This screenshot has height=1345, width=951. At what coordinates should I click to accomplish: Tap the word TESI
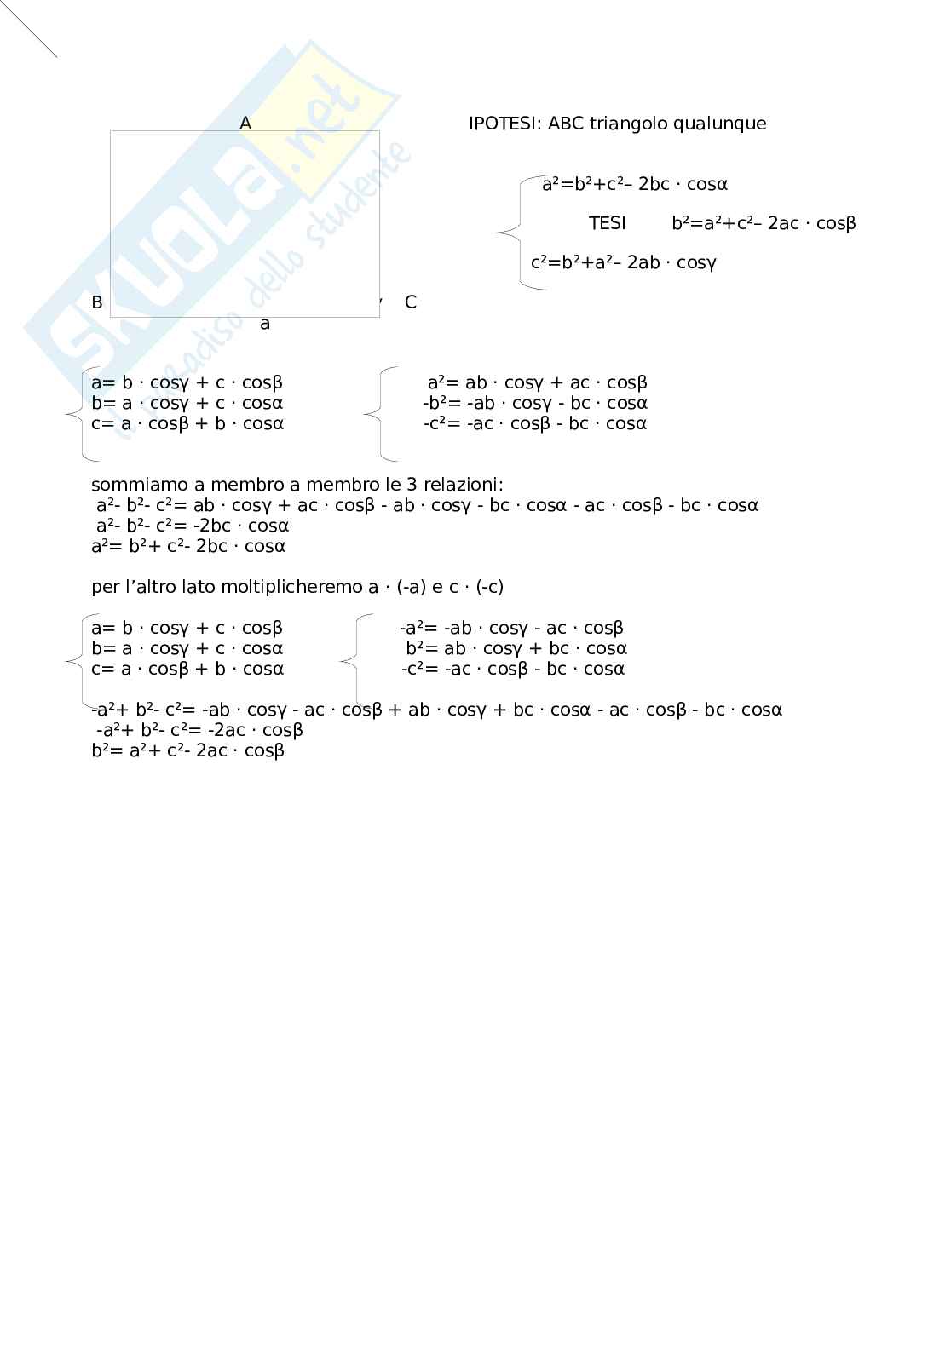pos(607,223)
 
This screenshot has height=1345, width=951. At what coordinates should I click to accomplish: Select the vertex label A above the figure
pos(245,124)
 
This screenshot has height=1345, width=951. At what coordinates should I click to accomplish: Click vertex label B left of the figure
pos(97,302)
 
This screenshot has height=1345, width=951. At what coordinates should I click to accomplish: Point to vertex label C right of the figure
pos(411,302)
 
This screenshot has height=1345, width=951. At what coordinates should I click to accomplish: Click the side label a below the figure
pos(265,324)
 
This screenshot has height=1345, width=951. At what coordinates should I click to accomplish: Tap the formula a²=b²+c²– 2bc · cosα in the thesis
pos(635,184)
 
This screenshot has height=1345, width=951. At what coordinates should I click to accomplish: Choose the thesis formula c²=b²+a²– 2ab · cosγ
pos(623,262)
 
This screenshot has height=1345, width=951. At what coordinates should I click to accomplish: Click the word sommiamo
pos(140,485)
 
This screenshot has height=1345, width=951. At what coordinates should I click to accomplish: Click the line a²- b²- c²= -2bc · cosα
pos(193,526)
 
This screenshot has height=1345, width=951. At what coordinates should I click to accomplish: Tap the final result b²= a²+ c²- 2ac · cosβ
pos(187,750)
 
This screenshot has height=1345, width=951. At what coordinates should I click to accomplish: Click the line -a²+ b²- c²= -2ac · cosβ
pos(199,730)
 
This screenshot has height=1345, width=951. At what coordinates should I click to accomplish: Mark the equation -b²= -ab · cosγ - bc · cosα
pos(535,403)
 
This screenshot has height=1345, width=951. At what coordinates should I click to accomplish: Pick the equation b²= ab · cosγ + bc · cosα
pos(516,648)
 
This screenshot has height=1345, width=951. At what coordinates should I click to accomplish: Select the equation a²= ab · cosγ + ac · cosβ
pos(537,382)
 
